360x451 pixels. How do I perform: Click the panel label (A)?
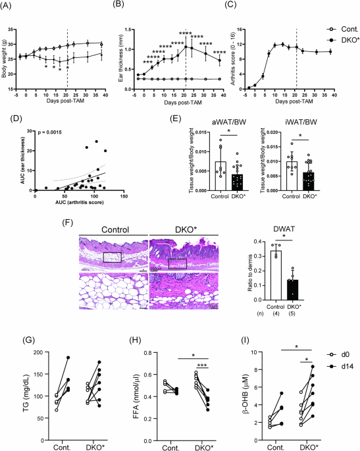point(10,5)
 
